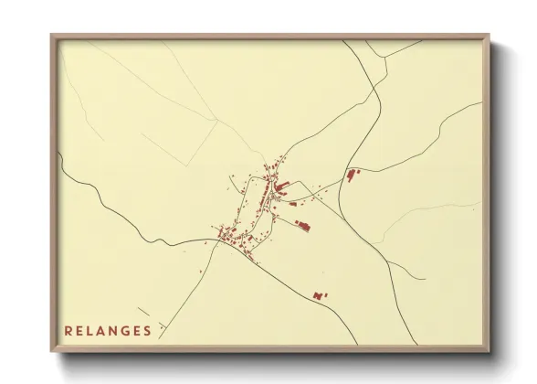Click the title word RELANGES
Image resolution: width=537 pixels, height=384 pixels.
click(x=108, y=331)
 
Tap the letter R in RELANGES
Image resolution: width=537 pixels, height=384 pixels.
click(x=68, y=331)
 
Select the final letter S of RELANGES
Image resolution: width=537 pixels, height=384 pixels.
click(x=148, y=331)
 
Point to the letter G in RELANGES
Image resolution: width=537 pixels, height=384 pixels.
click(x=125, y=331)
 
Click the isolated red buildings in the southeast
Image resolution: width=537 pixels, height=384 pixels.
click(x=319, y=295)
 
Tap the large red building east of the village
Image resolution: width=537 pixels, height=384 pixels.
click(x=352, y=174)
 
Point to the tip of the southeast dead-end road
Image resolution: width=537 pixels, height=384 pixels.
click(x=424, y=279)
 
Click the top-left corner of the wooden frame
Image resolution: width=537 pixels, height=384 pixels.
click(x=51, y=35)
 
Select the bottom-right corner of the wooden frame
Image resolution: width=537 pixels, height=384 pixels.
click(x=490, y=353)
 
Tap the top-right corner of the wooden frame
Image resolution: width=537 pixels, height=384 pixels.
click(x=490, y=35)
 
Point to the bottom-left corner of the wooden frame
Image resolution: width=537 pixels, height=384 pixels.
click(x=51, y=353)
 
